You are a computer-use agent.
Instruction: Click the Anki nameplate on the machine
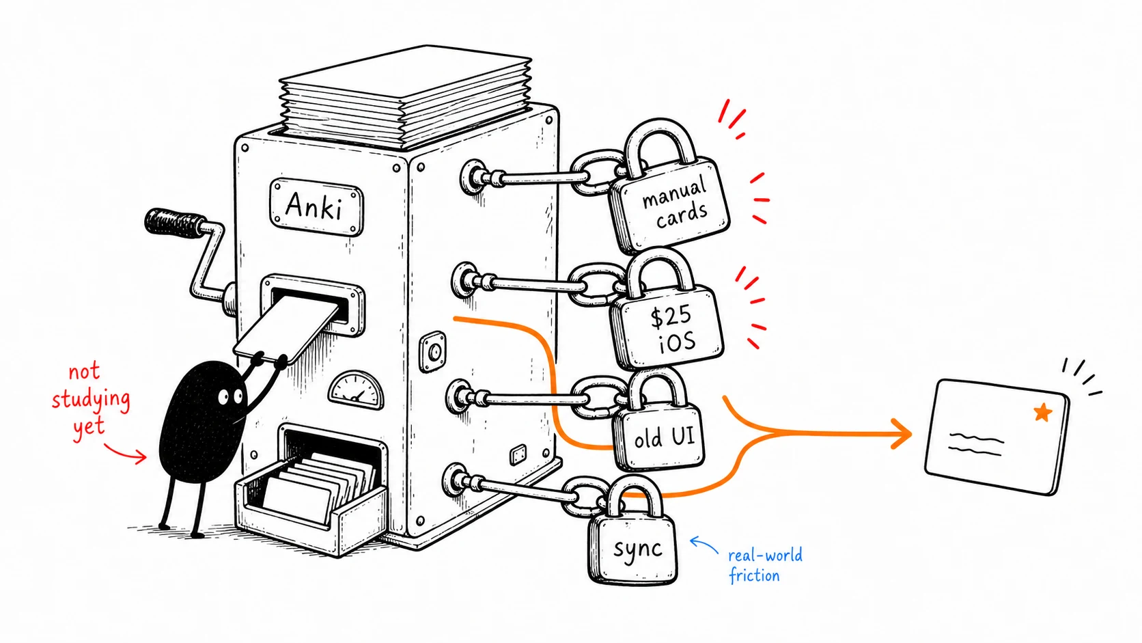316,206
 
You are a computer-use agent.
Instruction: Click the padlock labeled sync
633,536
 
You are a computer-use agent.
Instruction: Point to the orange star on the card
1043,412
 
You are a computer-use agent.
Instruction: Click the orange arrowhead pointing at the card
902,434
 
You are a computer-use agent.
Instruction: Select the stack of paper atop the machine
405,94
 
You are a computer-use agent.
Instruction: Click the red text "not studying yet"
90,400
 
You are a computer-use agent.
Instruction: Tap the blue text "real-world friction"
765,565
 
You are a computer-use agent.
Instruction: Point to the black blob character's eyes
230,396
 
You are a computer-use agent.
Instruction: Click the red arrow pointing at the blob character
125,453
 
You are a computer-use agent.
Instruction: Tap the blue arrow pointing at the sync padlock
704,545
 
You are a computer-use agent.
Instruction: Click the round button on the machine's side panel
434,351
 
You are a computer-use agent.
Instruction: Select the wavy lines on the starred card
976,443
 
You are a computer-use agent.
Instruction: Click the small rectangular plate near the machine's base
518,454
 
